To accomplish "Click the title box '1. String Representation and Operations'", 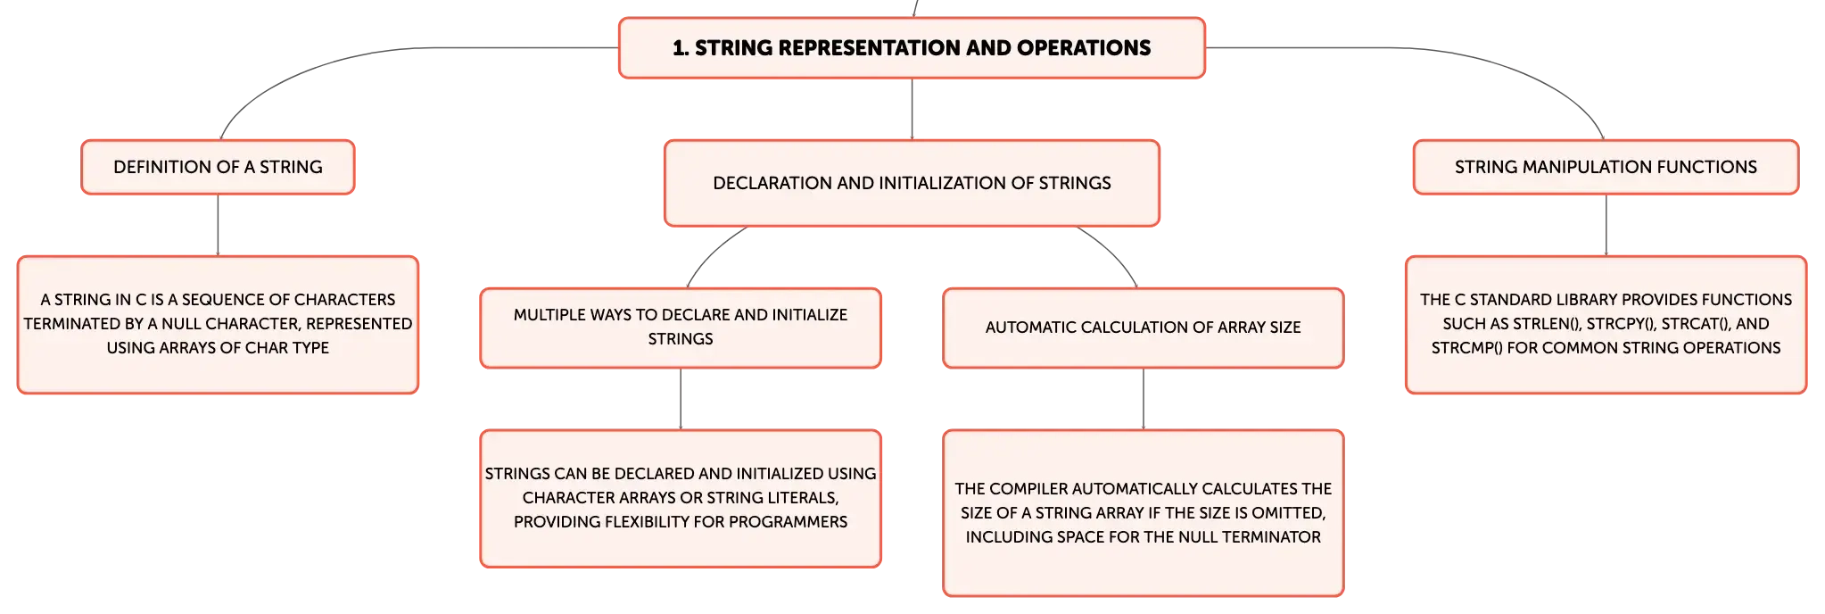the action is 912,48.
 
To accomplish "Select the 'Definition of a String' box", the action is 218,167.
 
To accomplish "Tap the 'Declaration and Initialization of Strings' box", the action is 912,183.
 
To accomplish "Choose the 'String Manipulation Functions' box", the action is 1606,167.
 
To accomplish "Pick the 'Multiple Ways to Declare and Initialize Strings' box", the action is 681,328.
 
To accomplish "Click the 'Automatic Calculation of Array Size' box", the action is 1143,328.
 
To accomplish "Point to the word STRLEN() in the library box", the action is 1548,324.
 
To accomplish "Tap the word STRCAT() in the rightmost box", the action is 1696,324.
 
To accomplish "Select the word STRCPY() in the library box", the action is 1622,324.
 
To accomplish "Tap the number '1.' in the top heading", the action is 681,48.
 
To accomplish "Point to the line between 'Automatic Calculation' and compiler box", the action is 1143,399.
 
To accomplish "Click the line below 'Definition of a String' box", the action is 218,225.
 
